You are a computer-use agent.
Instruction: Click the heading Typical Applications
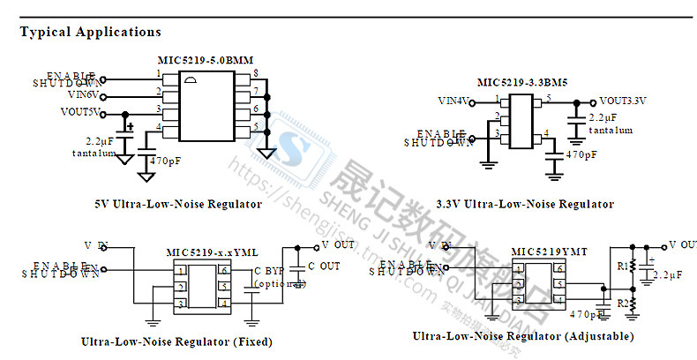tap(90, 32)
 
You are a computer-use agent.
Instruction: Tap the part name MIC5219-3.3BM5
tap(522, 82)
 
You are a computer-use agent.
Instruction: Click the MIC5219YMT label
tap(549, 251)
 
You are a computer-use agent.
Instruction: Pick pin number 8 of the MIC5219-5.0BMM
tap(255, 71)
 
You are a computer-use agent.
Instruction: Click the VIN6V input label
tap(81, 94)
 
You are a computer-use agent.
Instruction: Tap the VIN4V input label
tap(455, 101)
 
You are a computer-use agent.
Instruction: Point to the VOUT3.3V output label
tap(622, 101)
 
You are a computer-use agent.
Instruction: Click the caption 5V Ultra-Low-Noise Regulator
tap(177, 204)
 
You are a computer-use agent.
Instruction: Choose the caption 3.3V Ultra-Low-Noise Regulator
tap(524, 204)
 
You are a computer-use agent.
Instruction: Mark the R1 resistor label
tap(621, 265)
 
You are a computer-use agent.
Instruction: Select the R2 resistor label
tap(621, 303)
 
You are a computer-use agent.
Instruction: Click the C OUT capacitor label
tap(323, 266)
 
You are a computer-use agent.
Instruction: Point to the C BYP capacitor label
tap(269, 270)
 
